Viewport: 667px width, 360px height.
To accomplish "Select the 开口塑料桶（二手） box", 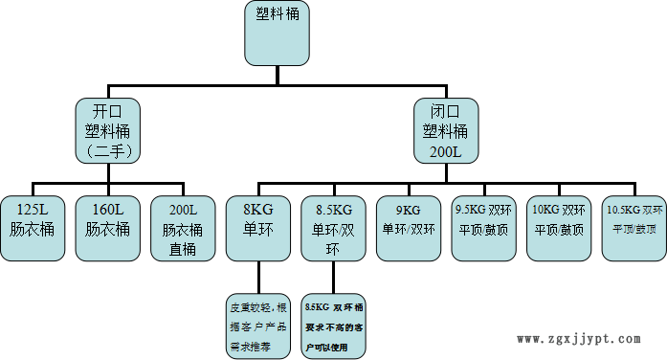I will point(108,129).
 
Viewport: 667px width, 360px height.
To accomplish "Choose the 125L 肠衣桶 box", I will point(33,228).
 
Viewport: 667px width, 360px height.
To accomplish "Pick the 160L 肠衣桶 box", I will point(107,228).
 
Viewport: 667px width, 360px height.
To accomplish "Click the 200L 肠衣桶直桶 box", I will point(183,228).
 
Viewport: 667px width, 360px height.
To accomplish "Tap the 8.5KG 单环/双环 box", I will point(333,228).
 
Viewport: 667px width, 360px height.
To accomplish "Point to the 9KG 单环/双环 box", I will point(409,228).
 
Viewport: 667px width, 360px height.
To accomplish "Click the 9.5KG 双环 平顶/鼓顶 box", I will point(483,228).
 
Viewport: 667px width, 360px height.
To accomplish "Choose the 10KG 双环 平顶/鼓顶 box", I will point(559,228).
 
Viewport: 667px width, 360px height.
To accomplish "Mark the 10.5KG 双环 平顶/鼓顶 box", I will point(634,228).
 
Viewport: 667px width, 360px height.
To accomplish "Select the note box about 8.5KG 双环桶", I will point(333,326).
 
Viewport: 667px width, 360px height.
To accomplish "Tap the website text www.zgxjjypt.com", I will point(584,339).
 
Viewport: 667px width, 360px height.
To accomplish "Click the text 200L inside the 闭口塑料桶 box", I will point(445,151).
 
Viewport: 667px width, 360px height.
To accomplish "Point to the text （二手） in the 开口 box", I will point(108,151).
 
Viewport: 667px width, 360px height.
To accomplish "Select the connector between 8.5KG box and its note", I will point(333,277).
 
